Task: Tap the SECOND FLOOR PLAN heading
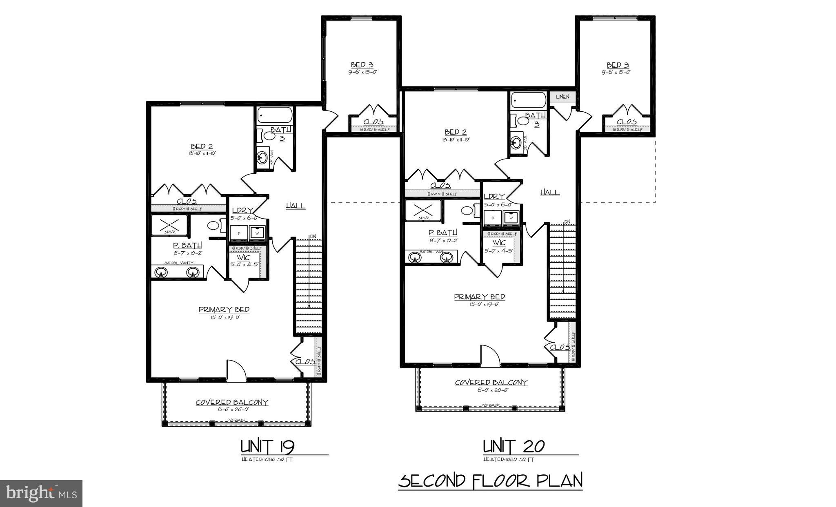(x=490, y=481)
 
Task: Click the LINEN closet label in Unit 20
(x=563, y=97)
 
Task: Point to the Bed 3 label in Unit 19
(x=362, y=65)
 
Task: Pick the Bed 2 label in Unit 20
(x=455, y=132)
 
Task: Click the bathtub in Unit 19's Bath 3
(x=275, y=115)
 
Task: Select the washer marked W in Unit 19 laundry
(x=258, y=233)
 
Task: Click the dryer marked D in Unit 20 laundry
(x=492, y=218)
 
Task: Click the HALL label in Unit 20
(x=549, y=192)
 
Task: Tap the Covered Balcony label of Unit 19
(x=232, y=402)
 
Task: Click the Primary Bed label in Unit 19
(x=224, y=310)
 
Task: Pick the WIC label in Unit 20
(x=499, y=243)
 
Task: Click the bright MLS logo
(x=41, y=493)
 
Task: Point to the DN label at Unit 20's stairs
(x=567, y=222)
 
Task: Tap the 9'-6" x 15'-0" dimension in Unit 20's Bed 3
(x=617, y=72)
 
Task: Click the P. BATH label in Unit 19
(x=187, y=245)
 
